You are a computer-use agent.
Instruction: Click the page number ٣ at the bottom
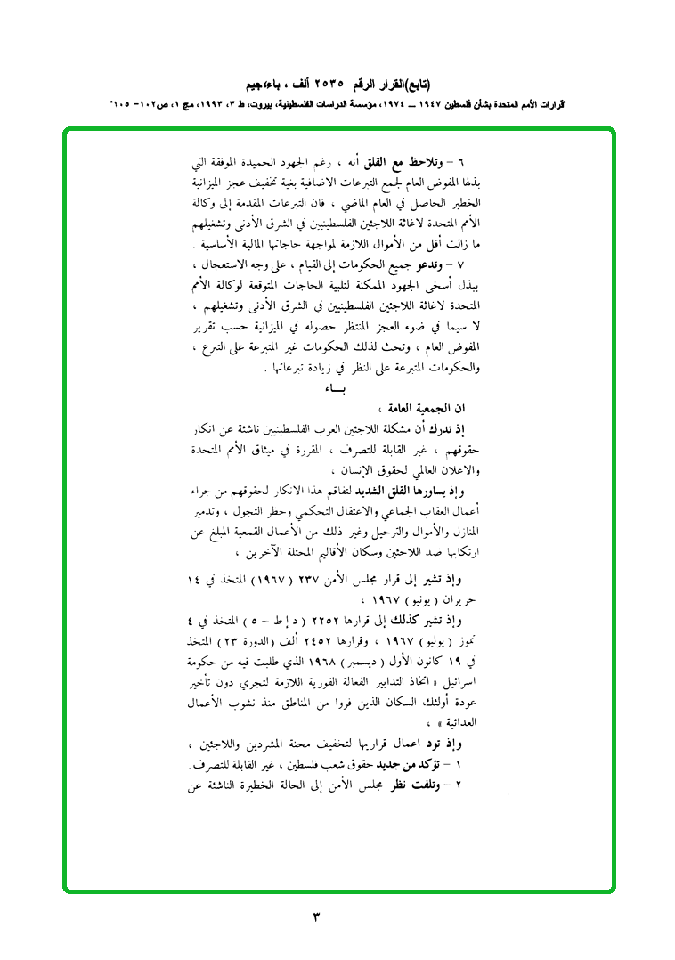click(x=317, y=916)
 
